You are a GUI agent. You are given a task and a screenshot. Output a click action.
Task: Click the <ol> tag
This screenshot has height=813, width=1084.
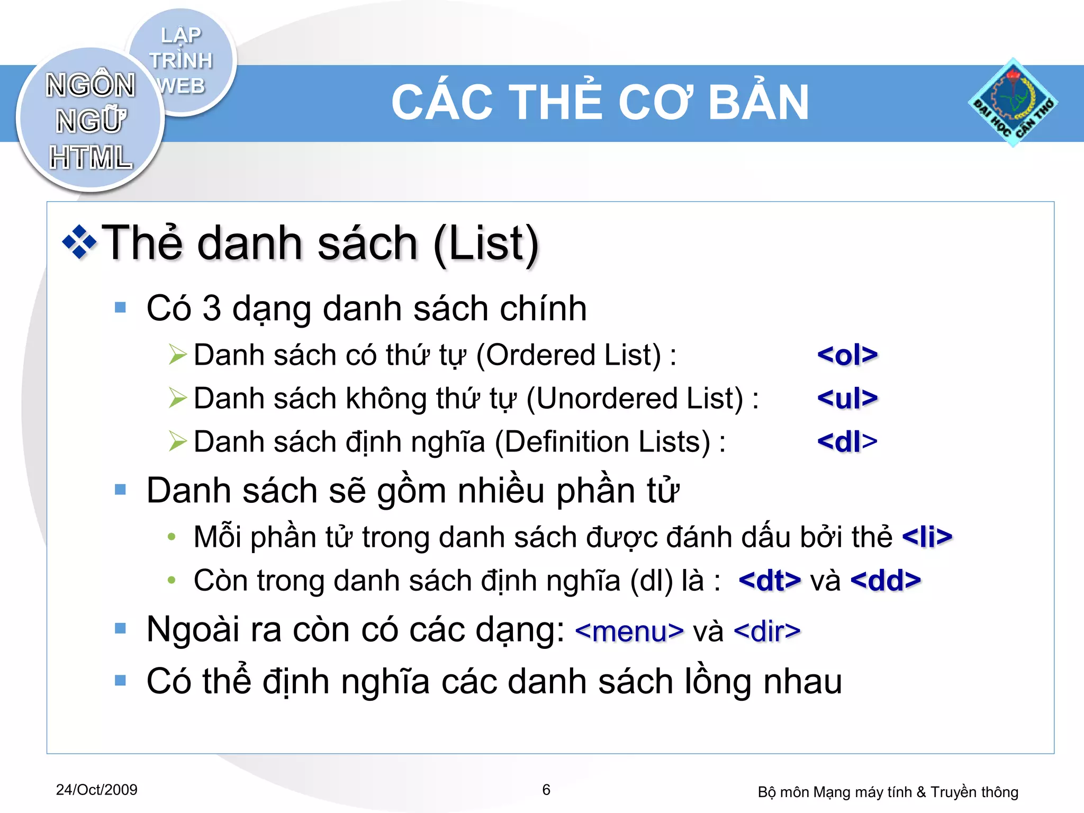pos(847,355)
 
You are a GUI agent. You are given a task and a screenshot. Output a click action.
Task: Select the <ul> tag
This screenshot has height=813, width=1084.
pos(847,398)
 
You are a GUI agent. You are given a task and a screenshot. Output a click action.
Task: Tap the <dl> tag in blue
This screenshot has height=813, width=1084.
pos(847,441)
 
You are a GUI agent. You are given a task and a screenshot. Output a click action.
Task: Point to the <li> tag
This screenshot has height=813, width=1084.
pos(927,537)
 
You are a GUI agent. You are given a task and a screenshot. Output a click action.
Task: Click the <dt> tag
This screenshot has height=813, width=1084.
pos(770,580)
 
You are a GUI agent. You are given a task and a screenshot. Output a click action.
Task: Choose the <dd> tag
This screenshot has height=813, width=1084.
pos(886,580)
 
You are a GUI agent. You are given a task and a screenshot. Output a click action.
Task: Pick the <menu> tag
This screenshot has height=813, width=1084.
pos(629,631)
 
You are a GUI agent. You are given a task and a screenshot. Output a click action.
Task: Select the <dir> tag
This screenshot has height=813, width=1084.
pos(767,631)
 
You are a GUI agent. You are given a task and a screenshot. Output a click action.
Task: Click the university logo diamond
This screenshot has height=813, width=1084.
pos(1013,103)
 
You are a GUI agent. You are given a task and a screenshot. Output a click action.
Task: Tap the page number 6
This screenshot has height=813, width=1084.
pos(546,790)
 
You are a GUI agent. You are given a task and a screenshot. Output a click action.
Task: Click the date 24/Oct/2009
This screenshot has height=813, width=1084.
pos(96,790)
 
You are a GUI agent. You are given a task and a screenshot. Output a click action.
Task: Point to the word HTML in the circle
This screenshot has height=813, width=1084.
pos(91,157)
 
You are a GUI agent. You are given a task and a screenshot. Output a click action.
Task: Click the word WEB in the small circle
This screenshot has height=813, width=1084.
pos(181,86)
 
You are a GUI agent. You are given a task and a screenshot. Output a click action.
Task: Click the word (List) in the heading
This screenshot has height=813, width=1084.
pos(486,243)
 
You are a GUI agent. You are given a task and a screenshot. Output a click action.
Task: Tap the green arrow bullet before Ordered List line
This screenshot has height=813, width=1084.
pos(178,355)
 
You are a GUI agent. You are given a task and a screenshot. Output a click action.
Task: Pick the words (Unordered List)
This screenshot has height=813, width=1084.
pos(635,398)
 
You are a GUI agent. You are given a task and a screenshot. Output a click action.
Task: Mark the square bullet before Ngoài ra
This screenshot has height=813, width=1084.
pos(121,628)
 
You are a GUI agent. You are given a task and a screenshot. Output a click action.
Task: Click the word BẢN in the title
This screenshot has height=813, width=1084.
pos(758,103)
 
